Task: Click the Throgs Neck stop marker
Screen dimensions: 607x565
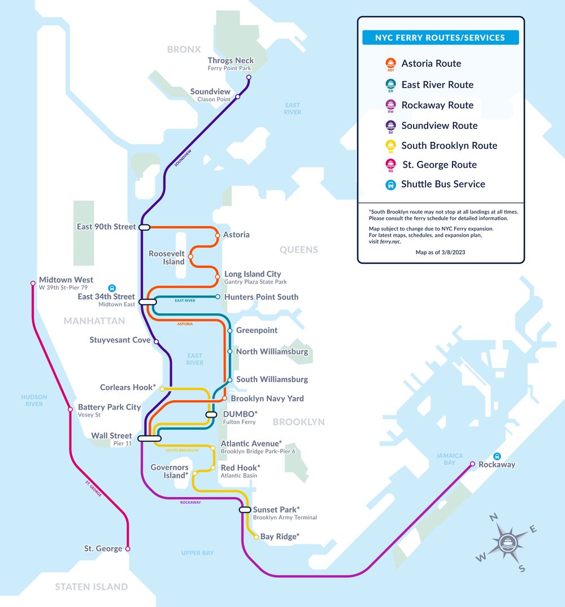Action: (249, 77)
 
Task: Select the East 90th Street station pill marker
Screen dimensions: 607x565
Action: (144, 227)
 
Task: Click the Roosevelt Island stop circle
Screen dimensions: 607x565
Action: (190, 257)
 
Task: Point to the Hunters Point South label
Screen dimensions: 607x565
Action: (261, 297)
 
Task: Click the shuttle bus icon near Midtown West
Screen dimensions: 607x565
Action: (112, 288)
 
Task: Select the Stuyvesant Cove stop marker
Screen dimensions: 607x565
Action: (157, 341)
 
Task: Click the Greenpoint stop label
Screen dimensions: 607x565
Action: (257, 330)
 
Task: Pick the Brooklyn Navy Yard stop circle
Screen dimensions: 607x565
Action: (224, 398)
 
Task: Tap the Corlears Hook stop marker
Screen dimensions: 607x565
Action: (162, 389)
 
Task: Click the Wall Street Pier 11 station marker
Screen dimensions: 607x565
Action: (149, 437)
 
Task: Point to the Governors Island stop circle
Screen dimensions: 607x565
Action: (194, 473)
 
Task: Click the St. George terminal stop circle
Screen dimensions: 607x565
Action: (128, 549)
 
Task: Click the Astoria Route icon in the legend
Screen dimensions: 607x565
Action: (390, 64)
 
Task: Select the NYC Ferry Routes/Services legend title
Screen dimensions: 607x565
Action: (440, 38)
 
